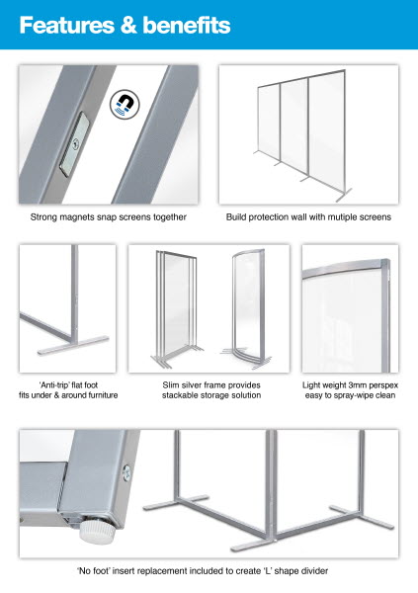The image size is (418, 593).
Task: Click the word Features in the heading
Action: click(66, 25)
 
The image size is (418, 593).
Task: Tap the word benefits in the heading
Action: click(187, 25)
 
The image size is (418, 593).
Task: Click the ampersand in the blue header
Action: click(128, 26)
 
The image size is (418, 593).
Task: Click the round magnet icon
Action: click(125, 104)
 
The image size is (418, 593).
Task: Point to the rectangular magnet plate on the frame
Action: click(74, 144)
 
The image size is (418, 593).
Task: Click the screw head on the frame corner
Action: click(126, 473)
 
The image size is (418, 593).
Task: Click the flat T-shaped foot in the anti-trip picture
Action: click(73, 345)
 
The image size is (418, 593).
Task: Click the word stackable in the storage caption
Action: click(180, 395)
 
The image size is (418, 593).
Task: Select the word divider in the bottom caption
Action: click(314, 570)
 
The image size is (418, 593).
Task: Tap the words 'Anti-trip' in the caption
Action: click(54, 385)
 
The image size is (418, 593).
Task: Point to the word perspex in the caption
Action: click(384, 385)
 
